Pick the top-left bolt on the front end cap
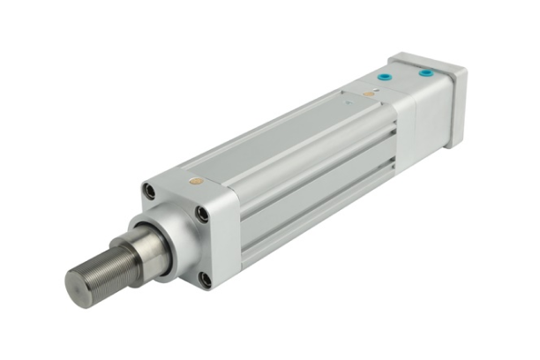pyautogui.click(x=150, y=192)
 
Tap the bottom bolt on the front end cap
pyautogui.click(x=205, y=280)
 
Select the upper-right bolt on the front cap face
pyautogui.click(x=203, y=213)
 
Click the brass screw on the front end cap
pyautogui.click(x=196, y=181)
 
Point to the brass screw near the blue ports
pyautogui.click(x=369, y=93)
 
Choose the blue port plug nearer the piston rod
pyautogui.click(x=385, y=78)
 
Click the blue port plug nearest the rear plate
pyautogui.click(x=426, y=71)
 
